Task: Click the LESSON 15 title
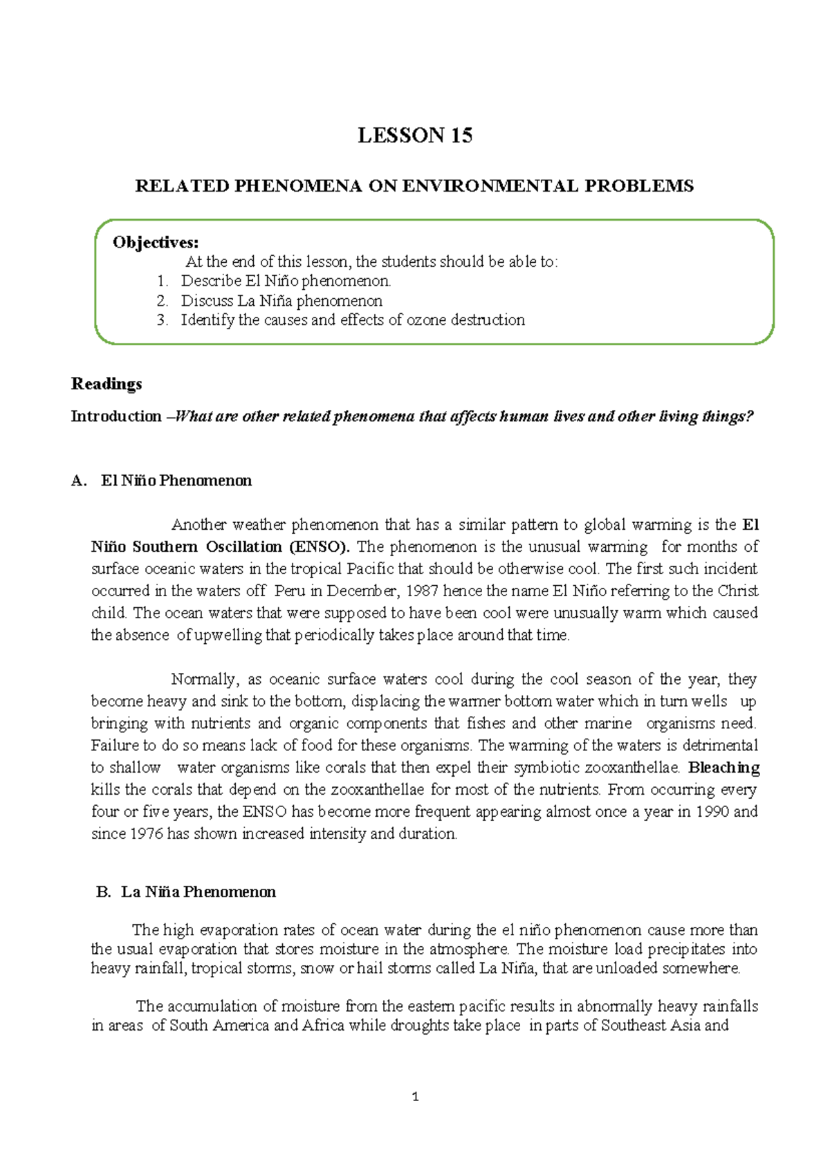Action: click(x=414, y=136)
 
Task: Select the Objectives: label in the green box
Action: click(x=156, y=242)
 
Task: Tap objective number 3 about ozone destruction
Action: click(x=352, y=320)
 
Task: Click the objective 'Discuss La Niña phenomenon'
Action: click(x=281, y=301)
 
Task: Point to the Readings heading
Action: click(x=107, y=384)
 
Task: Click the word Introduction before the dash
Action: click(x=116, y=416)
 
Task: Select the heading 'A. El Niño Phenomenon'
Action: click(x=162, y=481)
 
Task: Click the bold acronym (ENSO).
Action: click(x=319, y=547)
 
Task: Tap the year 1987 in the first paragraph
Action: click(x=421, y=591)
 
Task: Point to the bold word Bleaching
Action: click(x=723, y=768)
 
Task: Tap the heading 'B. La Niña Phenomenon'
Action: click(x=185, y=892)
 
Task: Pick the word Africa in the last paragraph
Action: click(x=323, y=1026)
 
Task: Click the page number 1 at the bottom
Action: click(x=415, y=1097)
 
